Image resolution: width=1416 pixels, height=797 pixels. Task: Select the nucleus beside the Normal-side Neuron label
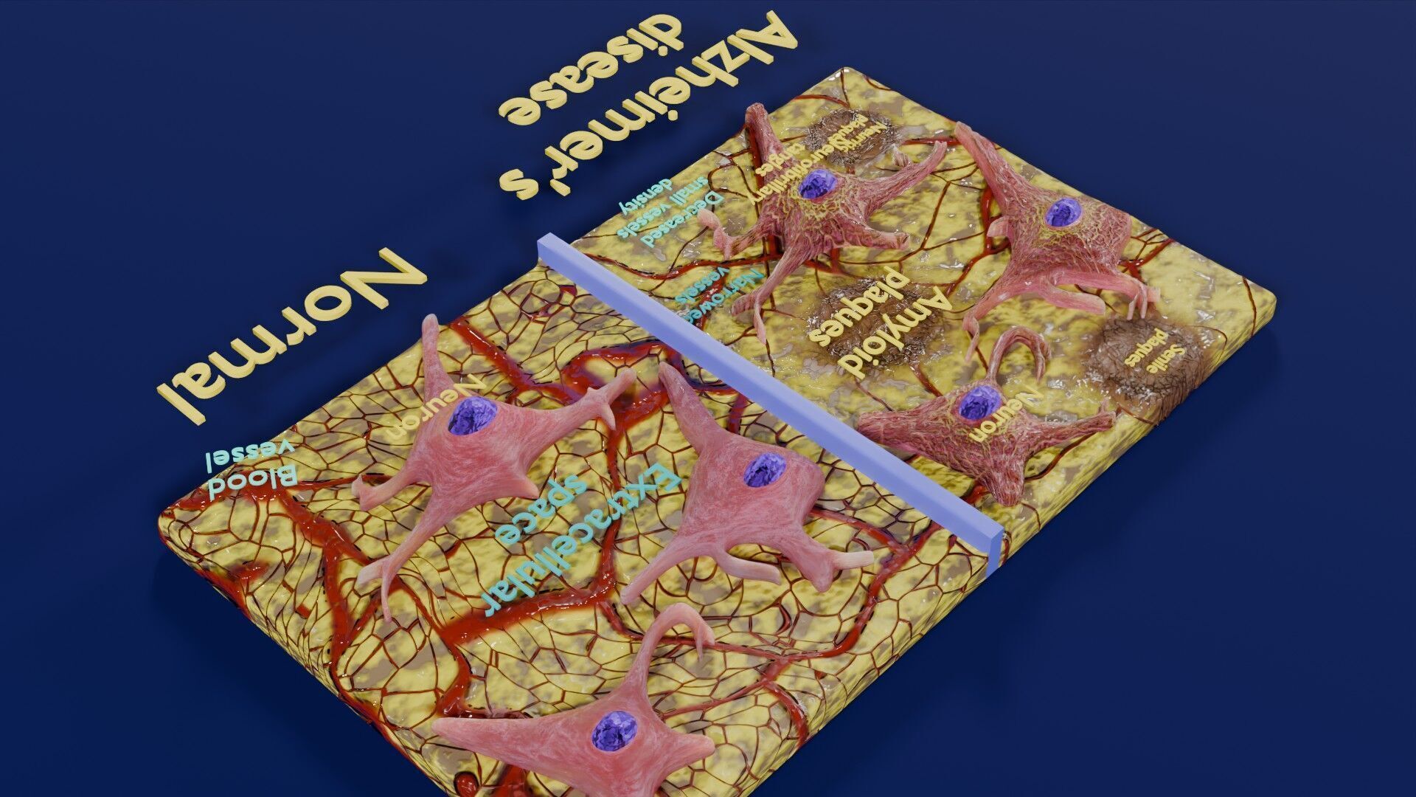468,417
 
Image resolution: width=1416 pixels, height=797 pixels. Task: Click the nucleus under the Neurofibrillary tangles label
816,184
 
